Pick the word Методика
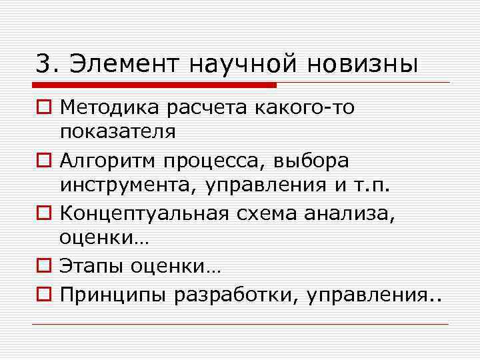[x=107, y=107]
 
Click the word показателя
[x=118, y=131]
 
